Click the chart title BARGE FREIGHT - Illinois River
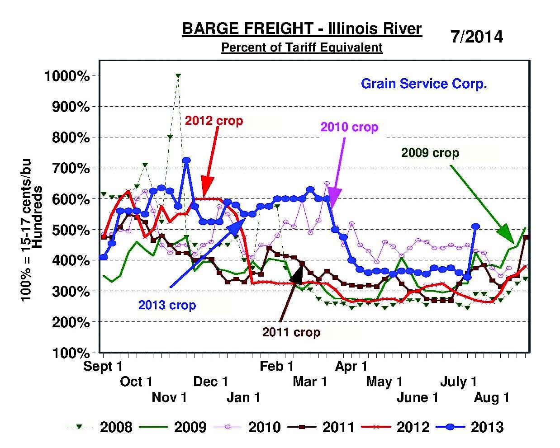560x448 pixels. tap(302, 29)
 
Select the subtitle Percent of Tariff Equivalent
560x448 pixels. tap(302, 47)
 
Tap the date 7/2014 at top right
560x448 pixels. tap(476, 37)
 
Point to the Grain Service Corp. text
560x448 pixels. tap(423, 84)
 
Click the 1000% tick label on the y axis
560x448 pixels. tap(67, 76)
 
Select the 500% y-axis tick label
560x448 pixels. tap(70, 230)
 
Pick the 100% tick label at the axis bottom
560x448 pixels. tap(70, 353)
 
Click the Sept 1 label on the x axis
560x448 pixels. tap(103, 366)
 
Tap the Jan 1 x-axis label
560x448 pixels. tap(243, 397)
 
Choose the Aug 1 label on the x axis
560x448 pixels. tap(492, 397)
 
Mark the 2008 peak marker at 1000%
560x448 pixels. tap(178, 76)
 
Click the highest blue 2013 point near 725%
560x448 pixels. tap(186, 160)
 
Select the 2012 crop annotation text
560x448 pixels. tap(214, 121)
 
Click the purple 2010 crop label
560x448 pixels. tap(349, 127)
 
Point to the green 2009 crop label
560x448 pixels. tap(430, 153)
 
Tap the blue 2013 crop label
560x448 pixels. tap(167, 305)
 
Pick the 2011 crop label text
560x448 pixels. tap(291, 332)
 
